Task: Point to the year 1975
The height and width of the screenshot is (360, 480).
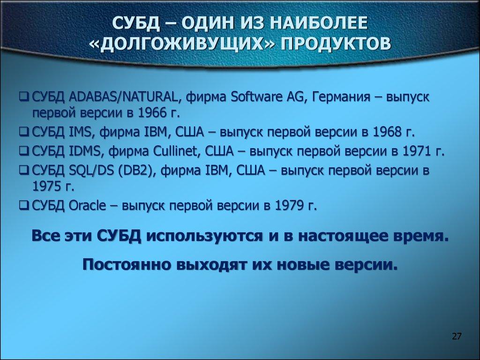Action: pos(46,187)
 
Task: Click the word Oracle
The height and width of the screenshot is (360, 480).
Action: pos(86,205)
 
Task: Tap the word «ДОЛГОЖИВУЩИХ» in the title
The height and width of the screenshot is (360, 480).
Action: pos(183,43)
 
